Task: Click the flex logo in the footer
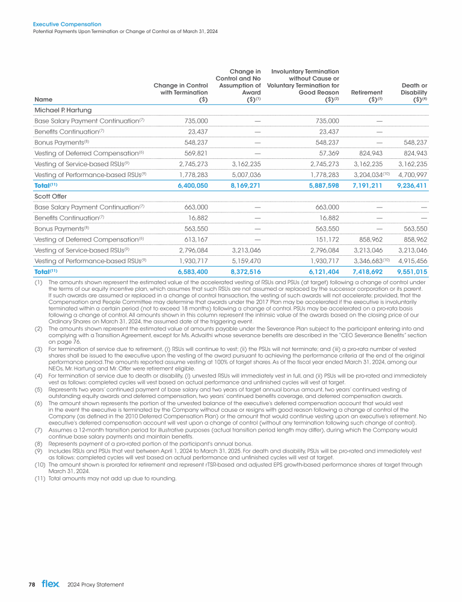(51, 584)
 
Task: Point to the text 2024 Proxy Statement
(96, 585)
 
